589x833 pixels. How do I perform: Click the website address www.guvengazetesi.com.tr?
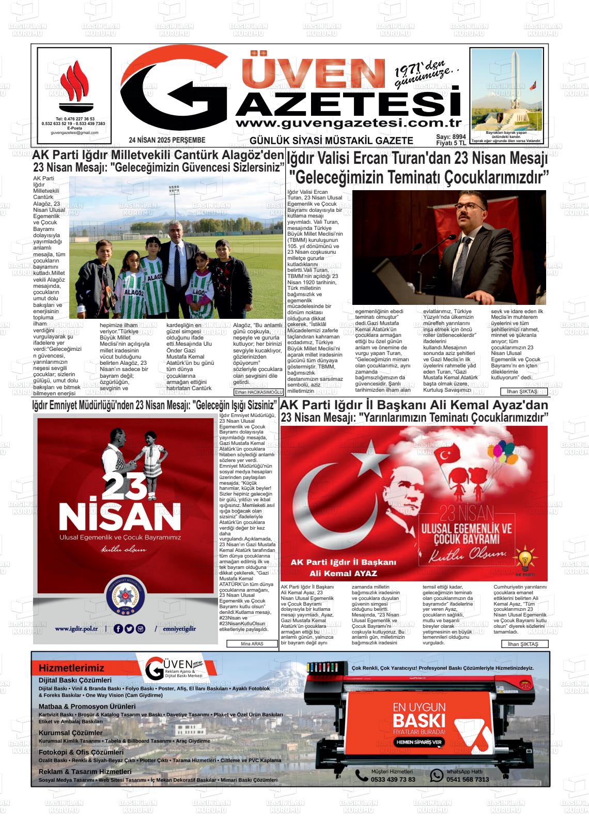point(347,123)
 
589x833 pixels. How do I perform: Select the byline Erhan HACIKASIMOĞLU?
point(259,392)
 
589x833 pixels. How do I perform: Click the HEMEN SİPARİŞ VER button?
point(419,742)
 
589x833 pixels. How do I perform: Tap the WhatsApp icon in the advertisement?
point(437,775)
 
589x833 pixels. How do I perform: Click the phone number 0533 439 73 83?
point(393,779)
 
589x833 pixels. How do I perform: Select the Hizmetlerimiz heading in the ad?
point(71,668)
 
